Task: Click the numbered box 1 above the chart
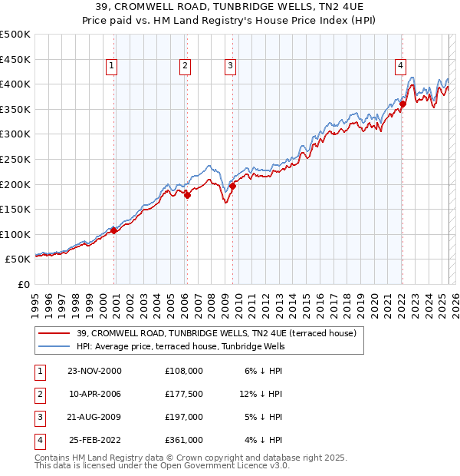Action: [x=112, y=67]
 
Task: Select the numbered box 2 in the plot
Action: [x=185, y=67]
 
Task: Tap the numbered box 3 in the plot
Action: [x=230, y=67]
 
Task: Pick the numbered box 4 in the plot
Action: [x=400, y=67]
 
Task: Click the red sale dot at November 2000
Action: [x=114, y=230]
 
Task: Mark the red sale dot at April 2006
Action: [x=187, y=195]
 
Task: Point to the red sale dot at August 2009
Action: [x=232, y=185]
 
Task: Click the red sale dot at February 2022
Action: [x=402, y=104]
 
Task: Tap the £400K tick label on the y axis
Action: [x=15, y=84]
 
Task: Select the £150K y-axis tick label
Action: [x=15, y=209]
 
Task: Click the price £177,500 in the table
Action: [x=184, y=393]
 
